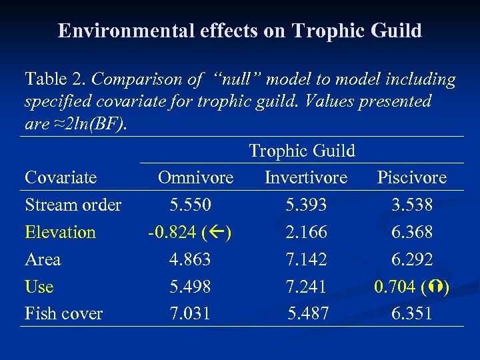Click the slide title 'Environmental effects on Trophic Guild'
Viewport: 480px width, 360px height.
[x=240, y=31]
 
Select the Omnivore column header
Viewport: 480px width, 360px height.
[x=195, y=177]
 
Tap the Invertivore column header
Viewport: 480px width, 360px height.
[x=306, y=177]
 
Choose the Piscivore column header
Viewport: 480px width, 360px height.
[x=411, y=177]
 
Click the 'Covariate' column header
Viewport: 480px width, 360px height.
[x=61, y=177]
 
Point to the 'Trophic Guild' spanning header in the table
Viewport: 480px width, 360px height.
[x=302, y=151]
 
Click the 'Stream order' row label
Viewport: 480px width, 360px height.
[x=73, y=205]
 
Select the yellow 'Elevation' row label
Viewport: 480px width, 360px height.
[x=60, y=232]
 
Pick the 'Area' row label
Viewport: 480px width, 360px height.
[x=43, y=259]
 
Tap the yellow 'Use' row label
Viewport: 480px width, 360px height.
[x=39, y=287]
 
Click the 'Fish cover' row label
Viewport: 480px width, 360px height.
[x=63, y=313]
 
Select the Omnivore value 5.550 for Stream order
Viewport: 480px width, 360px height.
[x=190, y=205]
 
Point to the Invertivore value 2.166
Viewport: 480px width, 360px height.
[x=306, y=232]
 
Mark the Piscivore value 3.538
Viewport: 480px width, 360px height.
[x=412, y=205]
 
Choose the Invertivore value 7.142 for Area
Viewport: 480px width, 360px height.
[x=306, y=259]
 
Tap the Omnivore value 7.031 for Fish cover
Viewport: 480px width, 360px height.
[x=190, y=313]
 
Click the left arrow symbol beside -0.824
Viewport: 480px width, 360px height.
[x=219, y=233]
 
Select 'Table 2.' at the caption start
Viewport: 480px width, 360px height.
[x=55, y=79]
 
